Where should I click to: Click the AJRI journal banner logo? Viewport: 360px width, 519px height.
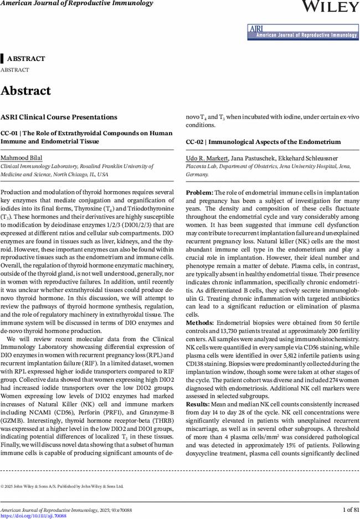tap(302, 32)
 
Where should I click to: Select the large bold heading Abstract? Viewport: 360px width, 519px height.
tap(25, 91)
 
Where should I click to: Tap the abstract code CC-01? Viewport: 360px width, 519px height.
tap(9, 133)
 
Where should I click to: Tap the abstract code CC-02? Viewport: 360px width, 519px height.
tap(194, 142)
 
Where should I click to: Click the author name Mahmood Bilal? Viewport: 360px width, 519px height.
tap(21, 158)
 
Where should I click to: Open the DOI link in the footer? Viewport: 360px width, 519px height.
tap(33, 516)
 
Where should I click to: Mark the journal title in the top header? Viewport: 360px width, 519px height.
tap(76, 3)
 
